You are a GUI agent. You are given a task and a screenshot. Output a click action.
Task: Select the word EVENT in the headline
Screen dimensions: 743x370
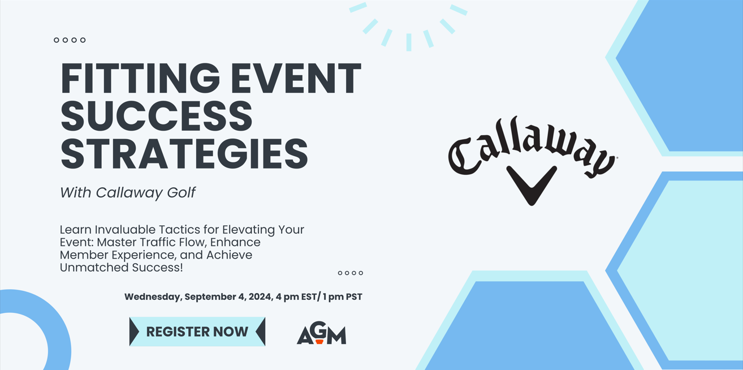click(x=296, y=78)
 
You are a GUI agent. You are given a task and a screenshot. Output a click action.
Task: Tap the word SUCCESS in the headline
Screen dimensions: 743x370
click(x=157, y=116)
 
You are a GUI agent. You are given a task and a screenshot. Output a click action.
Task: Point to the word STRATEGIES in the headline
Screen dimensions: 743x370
click(x=184, y=154)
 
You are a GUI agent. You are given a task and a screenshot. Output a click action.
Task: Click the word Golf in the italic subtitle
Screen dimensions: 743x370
click(x=181, y=193)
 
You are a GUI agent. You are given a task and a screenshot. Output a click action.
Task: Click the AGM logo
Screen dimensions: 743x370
click(x=321, y=333)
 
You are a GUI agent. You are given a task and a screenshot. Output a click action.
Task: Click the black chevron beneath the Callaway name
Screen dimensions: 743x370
click(x=532, y=185)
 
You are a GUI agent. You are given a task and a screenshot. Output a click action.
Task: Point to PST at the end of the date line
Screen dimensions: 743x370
click(x=354, y=296)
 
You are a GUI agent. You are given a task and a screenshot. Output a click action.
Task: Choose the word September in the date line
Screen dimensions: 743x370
click(x=210, y=297)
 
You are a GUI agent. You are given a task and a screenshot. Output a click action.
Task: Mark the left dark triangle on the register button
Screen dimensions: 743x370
click(x=134, y=331)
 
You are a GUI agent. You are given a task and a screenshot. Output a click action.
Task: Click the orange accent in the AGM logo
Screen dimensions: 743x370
click(x=319, y=342)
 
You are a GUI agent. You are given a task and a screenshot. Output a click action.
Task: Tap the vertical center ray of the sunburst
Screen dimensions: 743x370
click(x=409, y=42)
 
